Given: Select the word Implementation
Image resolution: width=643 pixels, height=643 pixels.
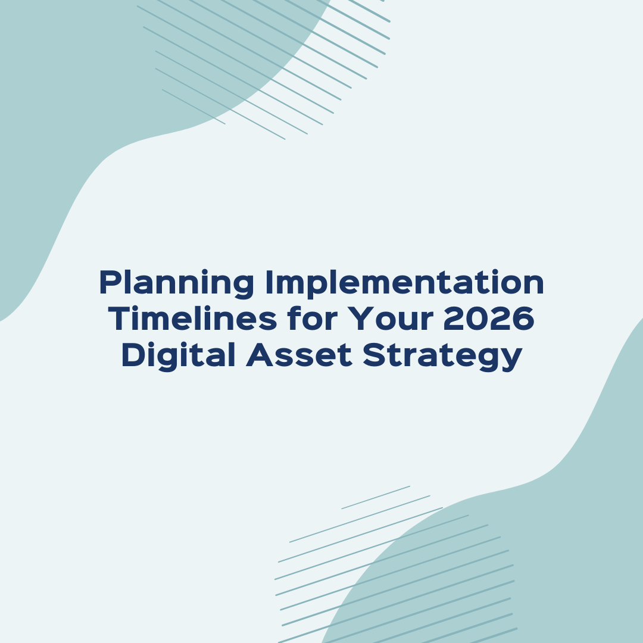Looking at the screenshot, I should coord(403,283).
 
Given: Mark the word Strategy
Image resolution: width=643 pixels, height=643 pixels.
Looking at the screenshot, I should coord(442,356).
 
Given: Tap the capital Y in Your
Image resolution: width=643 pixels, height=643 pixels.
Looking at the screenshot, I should coord(360,319).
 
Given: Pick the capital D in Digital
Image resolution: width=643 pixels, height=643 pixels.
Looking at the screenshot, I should coord(132,355).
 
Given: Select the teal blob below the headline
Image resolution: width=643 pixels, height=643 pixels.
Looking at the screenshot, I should coord(536,566).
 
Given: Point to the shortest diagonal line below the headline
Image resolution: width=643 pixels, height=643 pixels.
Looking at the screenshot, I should coord(376,497).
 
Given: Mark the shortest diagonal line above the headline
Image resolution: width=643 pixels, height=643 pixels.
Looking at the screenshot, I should coord(193,107).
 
